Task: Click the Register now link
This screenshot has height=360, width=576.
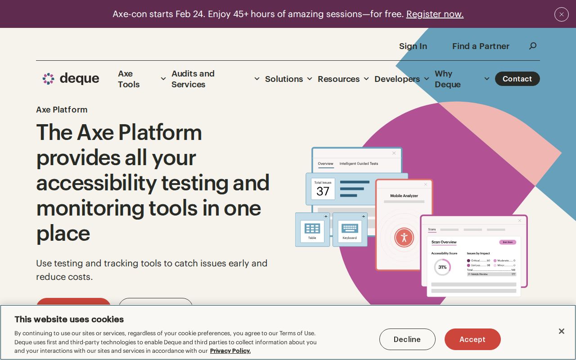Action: click(435, 14)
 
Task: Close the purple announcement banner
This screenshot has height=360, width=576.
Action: click(561, 14)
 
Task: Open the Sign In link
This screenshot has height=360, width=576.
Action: click(413, 46)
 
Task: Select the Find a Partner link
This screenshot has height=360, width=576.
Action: click(481, 46)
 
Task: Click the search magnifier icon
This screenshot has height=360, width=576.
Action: click(533, 46)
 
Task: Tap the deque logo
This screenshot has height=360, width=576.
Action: click(71, 79)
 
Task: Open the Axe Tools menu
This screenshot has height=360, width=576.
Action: click(129, 79)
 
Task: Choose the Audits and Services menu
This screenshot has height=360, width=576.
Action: click(193, 79)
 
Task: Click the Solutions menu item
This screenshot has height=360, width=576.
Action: click(284, 79)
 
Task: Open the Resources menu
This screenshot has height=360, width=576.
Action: click(338, 79)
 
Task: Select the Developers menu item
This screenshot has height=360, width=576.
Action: click(397, 79)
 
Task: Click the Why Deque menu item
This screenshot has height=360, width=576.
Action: click(448, 79)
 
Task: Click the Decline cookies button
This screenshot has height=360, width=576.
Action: click(407, 339)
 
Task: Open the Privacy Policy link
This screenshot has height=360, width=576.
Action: click(230, 351)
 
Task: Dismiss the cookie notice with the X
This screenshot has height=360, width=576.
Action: click(561, 331)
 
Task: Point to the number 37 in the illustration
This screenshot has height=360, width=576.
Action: click(323, 191)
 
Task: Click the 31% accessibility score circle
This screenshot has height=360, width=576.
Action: click(442, 267)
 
